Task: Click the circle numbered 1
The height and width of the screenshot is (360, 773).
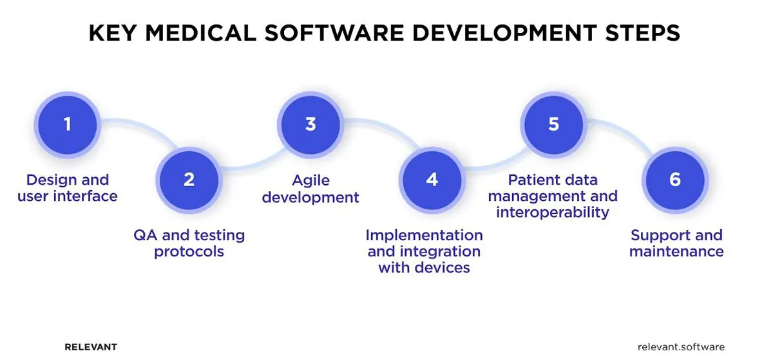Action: point(68,124)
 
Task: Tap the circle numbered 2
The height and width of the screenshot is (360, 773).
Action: point(189,179)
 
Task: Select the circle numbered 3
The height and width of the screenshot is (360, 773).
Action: point(310,124)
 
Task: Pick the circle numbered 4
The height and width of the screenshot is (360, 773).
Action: point(432,179)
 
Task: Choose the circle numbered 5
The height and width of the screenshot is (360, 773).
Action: point(553,124)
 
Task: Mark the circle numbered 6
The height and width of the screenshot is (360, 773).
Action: point(674,179)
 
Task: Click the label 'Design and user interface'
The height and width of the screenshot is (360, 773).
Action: point(68,187)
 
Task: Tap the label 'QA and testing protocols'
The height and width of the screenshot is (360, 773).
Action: point(189,243)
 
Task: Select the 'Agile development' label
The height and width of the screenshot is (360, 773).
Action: point(310,188)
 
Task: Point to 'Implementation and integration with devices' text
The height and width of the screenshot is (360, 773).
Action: point(425,251)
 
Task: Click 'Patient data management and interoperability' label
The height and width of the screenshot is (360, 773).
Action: point(553,195)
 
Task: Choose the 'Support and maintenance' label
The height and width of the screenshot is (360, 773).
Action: point(676,243)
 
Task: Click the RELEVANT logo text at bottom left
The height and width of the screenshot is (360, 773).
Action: point(91,346)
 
